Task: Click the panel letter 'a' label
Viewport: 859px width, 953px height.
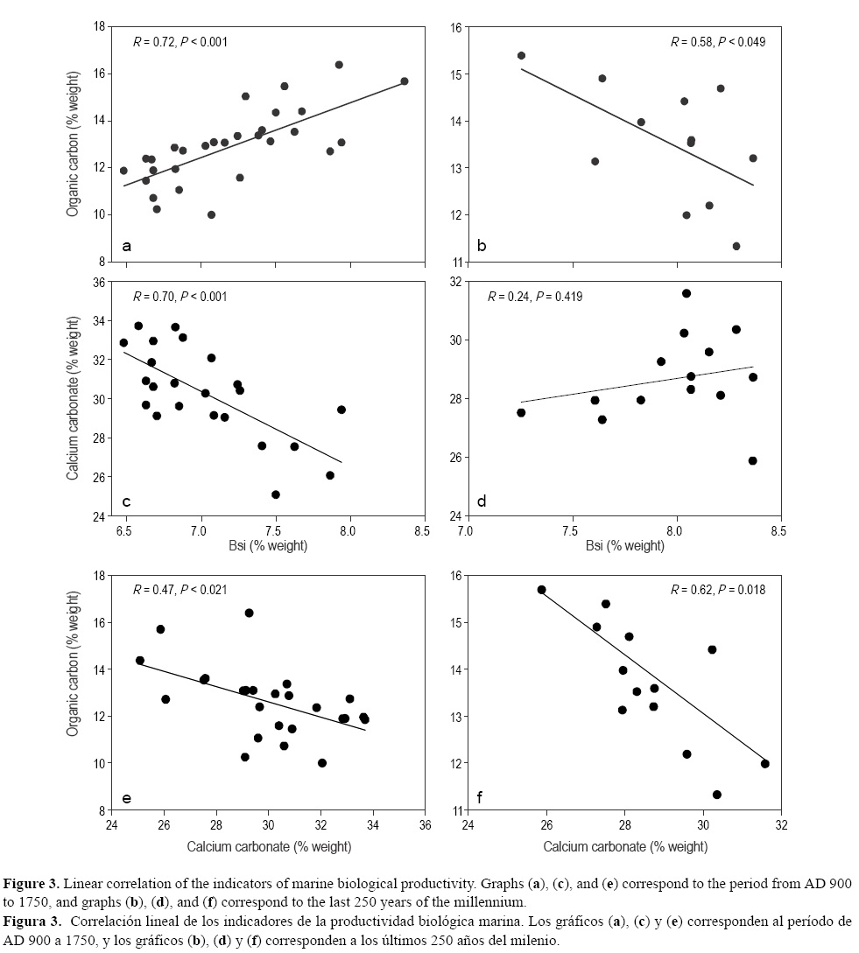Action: tap(126, 246)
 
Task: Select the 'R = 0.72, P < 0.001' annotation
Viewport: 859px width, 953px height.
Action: tap(180, 41)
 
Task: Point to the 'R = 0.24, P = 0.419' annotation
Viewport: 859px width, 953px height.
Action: tap(534, 297)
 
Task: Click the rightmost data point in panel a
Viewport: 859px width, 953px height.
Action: tap(404, 81)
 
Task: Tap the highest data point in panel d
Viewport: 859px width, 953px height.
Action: tap(686, 293)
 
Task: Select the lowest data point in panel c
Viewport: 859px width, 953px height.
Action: tap(276, 494)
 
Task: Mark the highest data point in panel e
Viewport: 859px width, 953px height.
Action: tap(249, 613)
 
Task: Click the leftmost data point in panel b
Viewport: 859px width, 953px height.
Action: tap(521, 55)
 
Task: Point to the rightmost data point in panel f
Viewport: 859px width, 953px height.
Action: tap(764, 763)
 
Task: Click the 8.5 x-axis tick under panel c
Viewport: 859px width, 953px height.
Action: tap(424, 529)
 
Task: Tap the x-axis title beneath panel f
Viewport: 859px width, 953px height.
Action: tap(625, 846)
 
